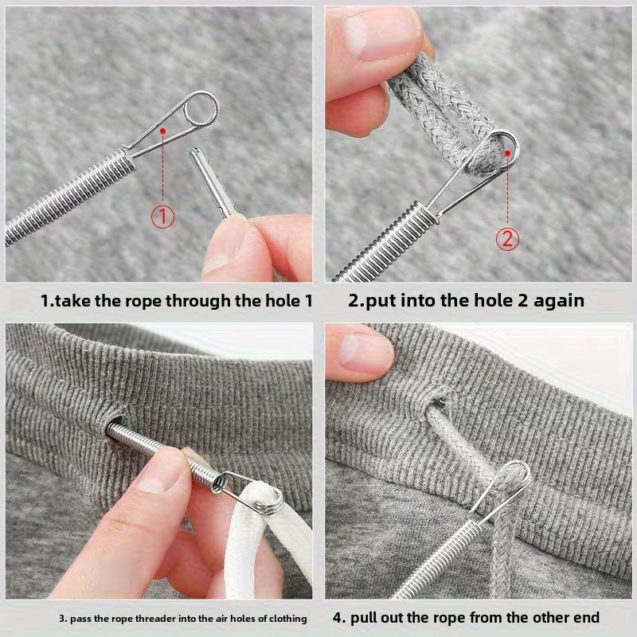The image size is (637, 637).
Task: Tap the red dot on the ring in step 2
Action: tap(507, 147)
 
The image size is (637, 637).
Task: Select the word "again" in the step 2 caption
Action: tap(557, 302)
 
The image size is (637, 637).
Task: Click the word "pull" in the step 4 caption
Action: tap(373, 616)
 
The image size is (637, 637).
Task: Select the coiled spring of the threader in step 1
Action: tap(72, 192)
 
